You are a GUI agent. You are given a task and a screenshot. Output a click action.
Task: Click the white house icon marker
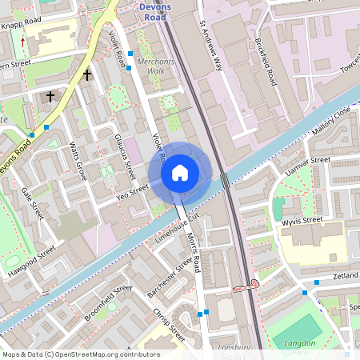(x=180, y=173)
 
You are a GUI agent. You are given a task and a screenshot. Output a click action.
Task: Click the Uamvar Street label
(x=308, y=167)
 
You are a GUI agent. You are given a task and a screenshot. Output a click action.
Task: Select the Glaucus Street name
(x=124, y=157)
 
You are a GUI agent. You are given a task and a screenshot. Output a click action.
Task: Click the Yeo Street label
(x=133, y=190)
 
